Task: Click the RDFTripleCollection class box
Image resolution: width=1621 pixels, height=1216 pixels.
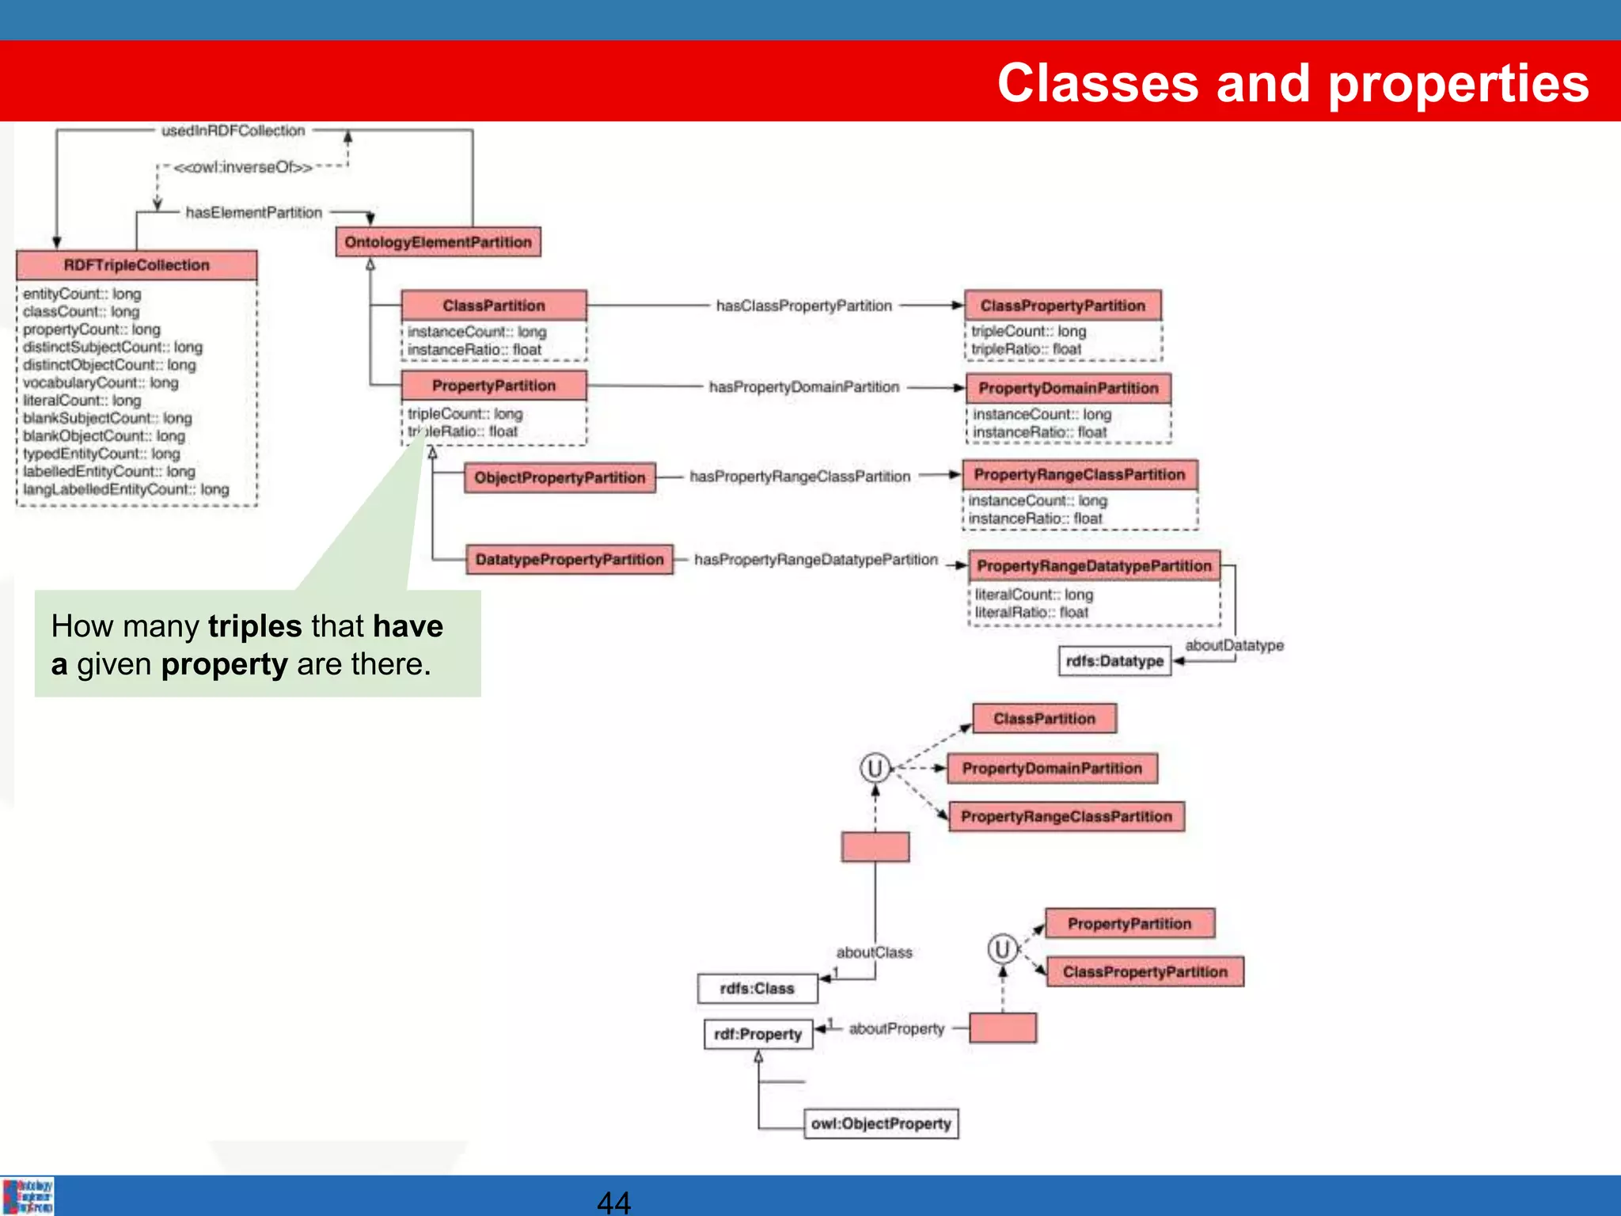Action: pyautogui.click(x=136, y=265)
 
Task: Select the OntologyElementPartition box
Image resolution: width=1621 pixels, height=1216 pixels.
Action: pyautogui.click(x=438, y=242)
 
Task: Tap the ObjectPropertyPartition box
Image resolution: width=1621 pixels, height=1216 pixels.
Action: pyautogui.click(x=560, y=477)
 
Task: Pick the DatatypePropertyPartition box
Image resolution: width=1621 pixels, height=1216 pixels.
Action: pyautogui.click(x=568, y=560)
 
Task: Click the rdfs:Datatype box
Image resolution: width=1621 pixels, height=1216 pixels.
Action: pyautogui.click(x=1114, y=661)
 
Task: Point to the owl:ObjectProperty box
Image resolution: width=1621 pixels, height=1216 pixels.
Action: pyautogui.click(x=880, y=1123)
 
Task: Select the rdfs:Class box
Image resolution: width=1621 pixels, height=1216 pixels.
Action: pyautogui.click(x=757, y=988)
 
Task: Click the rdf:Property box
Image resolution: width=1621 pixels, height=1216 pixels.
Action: pyautogui.click(x=757, y=1034)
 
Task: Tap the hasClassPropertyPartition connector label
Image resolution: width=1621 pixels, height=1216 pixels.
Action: pyautogui.click(x=803, y=306)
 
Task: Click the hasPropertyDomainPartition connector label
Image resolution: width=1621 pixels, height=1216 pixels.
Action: pyautogui.click(x=803, y=387)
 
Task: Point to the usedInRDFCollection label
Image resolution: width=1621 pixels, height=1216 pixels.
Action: pyautogui.click(x=233, y=131)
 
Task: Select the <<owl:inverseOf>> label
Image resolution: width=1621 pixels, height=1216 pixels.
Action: pyautogui.click(x=242, y=168)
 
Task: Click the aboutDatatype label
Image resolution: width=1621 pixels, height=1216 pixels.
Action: pyautogui.click(x=1233, y=645)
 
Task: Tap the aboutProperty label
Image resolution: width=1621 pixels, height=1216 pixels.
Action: pyautogui.click(x=896, y=1028)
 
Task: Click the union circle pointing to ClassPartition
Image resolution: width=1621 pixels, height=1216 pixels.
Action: pyautogui.click(x=875, y=768)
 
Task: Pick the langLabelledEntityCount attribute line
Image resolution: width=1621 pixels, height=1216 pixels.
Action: pyautogui.click(x=125, y=489)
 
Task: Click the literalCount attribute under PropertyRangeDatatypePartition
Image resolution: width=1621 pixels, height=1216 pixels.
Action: pyautogui.click(x=1033, y=594)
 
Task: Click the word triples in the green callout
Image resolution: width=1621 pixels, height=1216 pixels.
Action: pyautogui.click(x=255, y=626)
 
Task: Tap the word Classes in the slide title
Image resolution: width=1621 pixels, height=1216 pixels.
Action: pyautogui.click(x=1097, y=83)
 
